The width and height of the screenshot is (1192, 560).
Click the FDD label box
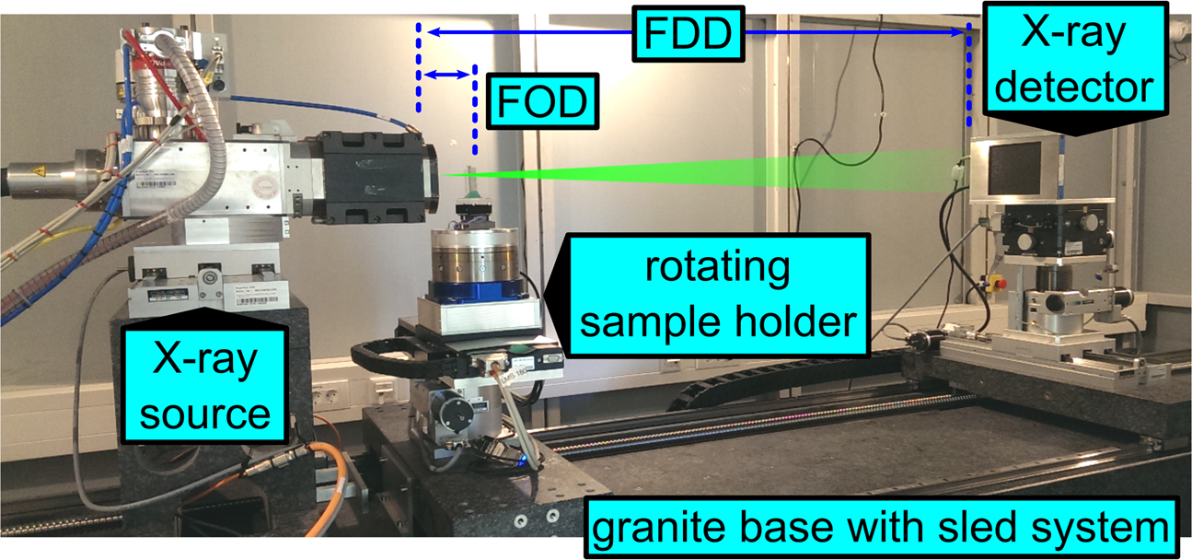coord(688,36)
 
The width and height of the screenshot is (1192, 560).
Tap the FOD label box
coord(542,102)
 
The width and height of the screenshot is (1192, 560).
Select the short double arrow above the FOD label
coord(446,76)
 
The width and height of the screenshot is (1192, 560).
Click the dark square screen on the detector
coord(1013,168)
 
